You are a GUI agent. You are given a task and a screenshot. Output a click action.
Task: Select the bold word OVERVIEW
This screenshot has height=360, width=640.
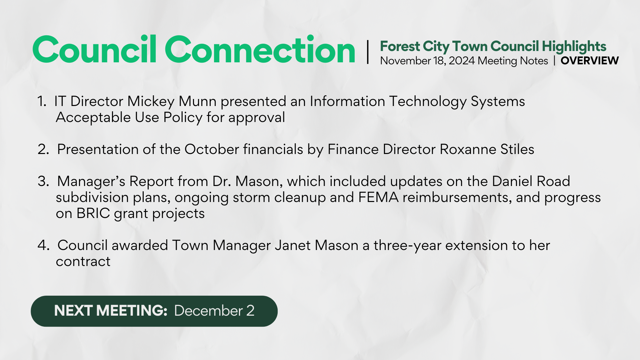590,61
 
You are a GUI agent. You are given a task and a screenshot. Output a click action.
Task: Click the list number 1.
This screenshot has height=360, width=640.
42,101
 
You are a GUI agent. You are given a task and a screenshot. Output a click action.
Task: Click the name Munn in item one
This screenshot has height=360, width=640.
198,101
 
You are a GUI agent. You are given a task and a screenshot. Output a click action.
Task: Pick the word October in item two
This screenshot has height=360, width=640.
212,149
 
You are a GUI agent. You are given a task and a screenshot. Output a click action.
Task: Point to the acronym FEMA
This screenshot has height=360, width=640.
378,197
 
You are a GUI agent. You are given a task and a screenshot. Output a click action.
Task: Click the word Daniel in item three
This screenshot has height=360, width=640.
512,181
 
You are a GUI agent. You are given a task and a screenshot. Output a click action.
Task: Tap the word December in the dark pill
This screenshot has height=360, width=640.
208,311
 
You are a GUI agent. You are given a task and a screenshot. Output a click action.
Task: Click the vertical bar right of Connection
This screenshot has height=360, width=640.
368,52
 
